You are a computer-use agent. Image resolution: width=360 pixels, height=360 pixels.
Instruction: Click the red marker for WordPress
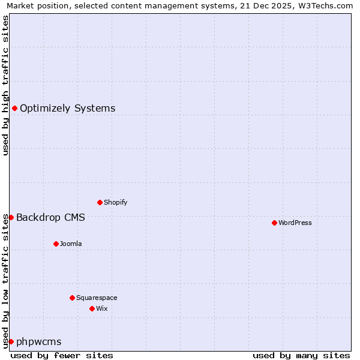274,223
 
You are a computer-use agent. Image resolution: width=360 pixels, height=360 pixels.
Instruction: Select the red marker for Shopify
100,202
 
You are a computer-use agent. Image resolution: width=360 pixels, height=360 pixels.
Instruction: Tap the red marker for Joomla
56,244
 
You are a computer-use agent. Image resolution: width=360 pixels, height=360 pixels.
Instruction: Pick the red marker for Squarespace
72,298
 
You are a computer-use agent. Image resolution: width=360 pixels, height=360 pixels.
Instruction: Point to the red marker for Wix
92,308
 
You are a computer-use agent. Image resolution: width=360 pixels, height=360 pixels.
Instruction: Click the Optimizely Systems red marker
14,108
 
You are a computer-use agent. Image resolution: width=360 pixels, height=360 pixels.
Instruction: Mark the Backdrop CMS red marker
11,217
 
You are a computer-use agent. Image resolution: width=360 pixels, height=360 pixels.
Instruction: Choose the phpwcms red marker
11,341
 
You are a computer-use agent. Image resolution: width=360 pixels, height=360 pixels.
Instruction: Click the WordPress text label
295,223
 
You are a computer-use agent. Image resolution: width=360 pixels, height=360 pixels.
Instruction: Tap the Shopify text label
116,202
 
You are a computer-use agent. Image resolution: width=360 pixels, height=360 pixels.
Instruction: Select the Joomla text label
71,244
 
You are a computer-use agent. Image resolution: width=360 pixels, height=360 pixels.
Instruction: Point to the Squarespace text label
97,298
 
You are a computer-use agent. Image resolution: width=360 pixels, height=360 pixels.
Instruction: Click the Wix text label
101,308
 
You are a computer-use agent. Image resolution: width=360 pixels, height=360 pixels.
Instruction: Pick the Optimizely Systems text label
68,109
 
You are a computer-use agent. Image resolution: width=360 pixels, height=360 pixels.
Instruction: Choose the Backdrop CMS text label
50,217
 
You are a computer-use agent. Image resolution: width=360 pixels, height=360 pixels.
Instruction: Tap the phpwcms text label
39,342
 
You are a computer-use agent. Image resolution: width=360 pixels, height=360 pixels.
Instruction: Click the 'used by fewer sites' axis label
62,355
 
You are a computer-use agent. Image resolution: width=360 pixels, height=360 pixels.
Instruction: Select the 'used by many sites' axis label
301,355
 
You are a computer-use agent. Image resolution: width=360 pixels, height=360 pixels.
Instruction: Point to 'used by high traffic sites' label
5,85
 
